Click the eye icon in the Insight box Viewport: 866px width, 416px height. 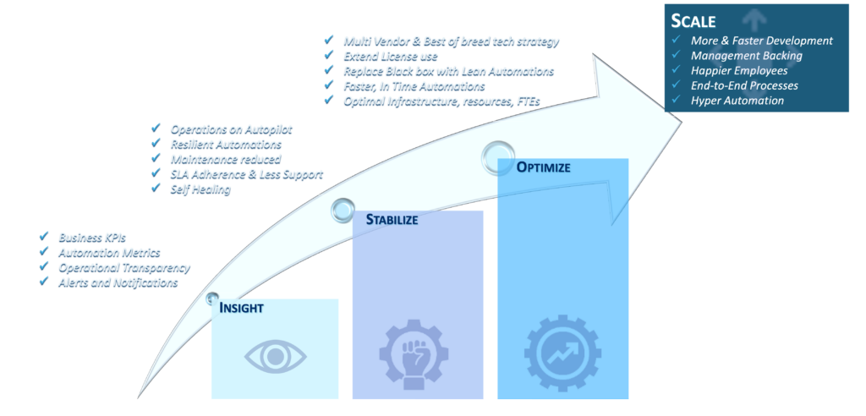(274, 356)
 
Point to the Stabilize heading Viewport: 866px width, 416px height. (392, 221)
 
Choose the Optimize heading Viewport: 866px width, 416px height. (543, 167)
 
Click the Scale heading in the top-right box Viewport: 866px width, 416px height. (693, 21)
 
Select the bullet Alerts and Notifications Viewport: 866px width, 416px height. (118, 282)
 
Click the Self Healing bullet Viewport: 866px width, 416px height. (200, 189)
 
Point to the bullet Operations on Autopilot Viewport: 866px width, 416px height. (231, 129)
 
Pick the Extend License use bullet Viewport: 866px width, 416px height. (390, 56)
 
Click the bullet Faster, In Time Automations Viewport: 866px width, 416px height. (414, 85)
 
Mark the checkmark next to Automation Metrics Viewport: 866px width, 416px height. (44, 252)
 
